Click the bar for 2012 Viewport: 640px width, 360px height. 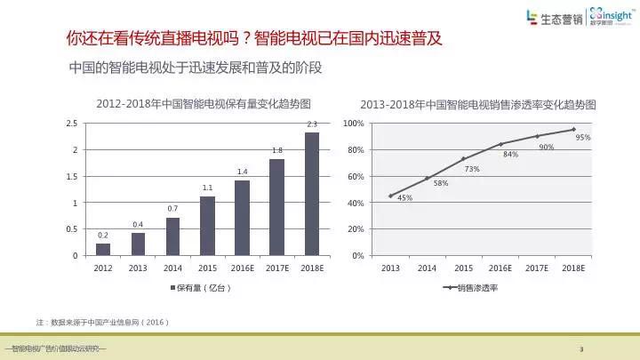pyautogui.click(x=103, y=250)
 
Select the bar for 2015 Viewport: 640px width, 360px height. pyautogui.click(x=207, y=226)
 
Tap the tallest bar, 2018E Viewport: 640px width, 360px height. pyautogui.click(x=312, y=194)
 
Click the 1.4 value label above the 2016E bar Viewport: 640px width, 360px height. pyautogui.click(x=243, y=172)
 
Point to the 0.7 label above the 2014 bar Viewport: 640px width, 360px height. pyautogui.click(x=172, y=209)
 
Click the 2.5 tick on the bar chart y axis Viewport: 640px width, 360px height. pyautogui.click(x=72, y=124)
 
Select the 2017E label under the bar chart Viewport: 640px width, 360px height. pyautogui.click(x=277, y=268)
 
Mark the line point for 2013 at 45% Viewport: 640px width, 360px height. pyautogui.click(x=390, y=196)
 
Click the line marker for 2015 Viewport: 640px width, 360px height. pyautogui.click(x=464, y=159)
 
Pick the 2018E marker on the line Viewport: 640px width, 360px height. pyautogui.click(x=573, y=130)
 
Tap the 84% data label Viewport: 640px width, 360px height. pyautogui.click(x=510, y=155)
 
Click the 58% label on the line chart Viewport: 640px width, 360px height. pyautogui.click(x=441, y=183)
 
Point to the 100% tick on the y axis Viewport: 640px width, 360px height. pyautogui.click(x=354, y=124)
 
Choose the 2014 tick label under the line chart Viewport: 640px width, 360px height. pyautogui.click(x=427, y=268)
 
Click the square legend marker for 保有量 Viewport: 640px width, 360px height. pyautogui.click(x=172, y=288)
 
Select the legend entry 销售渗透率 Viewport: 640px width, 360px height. pyautogui.click(x=470, y=288)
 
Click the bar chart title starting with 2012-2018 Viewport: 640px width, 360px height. pyautogui.click(x=204, y=104)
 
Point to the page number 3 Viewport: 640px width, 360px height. pyautogui.click(x=581, y=349)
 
